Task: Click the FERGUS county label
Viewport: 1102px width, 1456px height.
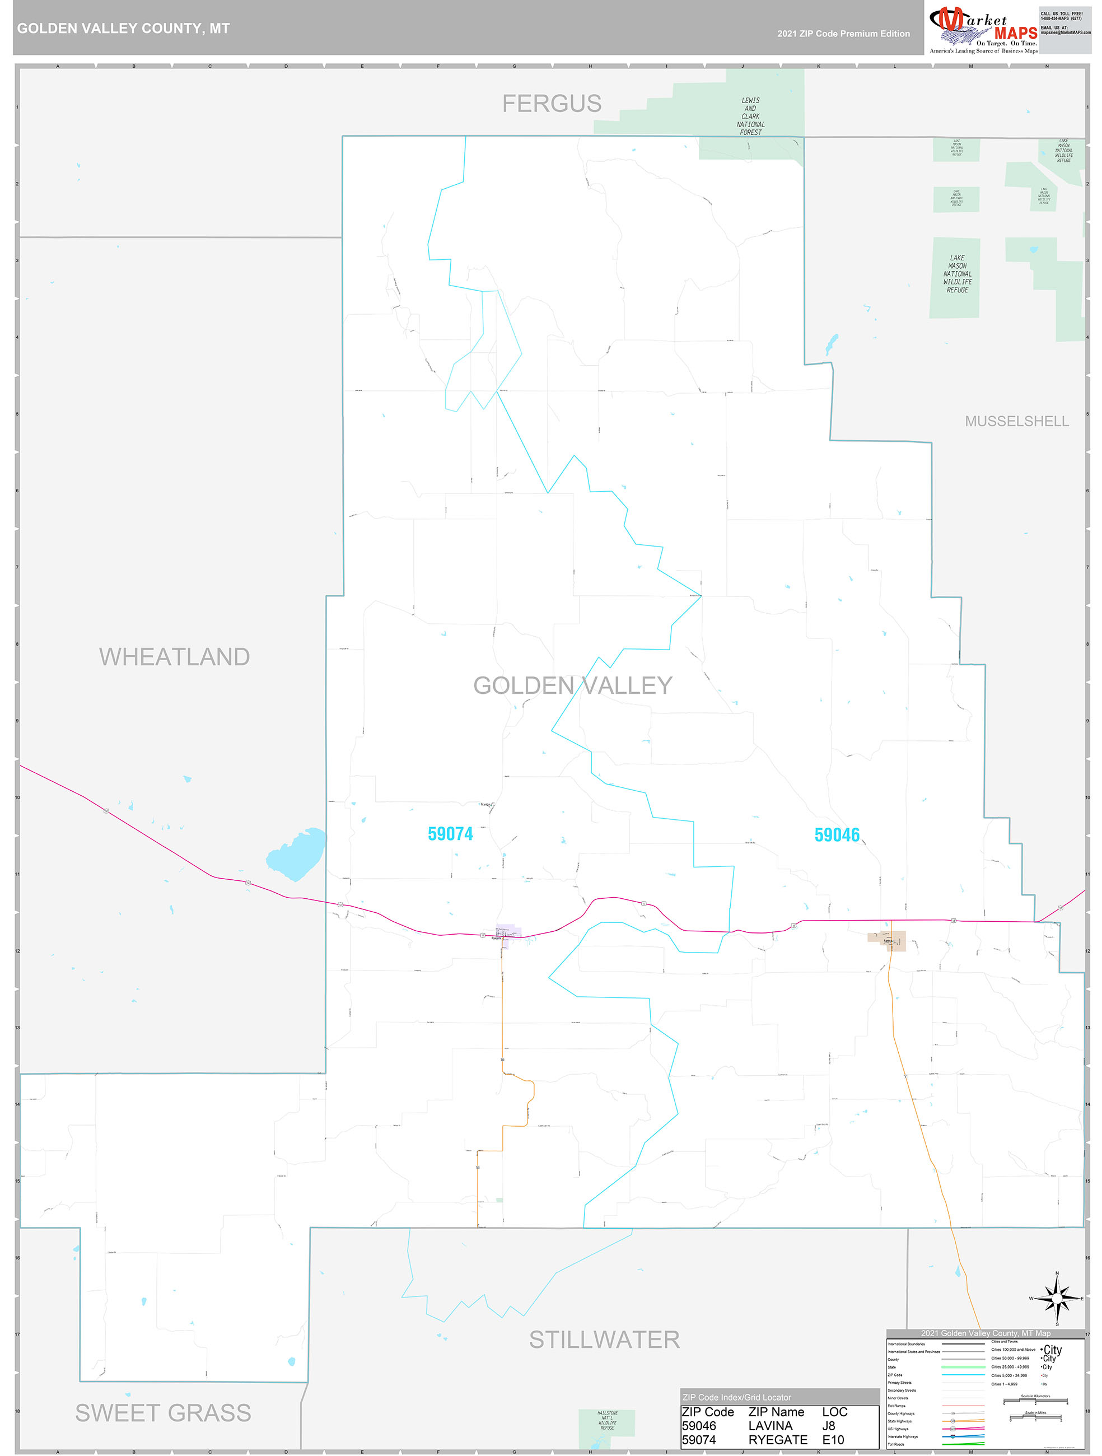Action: (552, 104)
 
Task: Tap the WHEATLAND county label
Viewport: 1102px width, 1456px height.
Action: (175, 656)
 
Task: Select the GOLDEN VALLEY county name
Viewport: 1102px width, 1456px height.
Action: (573, 685)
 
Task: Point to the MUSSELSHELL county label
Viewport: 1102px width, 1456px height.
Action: (1016, 421)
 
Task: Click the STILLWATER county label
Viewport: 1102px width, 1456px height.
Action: (604, 1340)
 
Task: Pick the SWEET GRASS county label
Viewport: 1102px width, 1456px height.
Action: (164, 1412)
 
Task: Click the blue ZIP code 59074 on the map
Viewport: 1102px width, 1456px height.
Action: (450, 834)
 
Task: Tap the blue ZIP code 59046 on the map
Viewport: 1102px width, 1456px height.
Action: (837, 834)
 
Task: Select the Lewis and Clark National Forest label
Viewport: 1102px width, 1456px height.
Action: (750, 116)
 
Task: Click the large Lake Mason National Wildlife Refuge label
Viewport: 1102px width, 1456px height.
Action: (957, 274)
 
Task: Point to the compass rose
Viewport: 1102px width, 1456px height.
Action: (1057, 1299)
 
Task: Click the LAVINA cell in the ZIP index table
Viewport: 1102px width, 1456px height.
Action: (770, 1426)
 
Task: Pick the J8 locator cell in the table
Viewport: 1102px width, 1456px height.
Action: (829, 1426)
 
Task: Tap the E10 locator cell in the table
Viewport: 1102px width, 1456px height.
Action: (833, 1440)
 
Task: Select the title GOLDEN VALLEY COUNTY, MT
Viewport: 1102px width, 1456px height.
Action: (123, 29)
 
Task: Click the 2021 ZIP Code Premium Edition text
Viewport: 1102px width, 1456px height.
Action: (843, 34)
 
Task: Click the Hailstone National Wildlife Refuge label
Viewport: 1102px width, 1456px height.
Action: (607, 1421)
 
